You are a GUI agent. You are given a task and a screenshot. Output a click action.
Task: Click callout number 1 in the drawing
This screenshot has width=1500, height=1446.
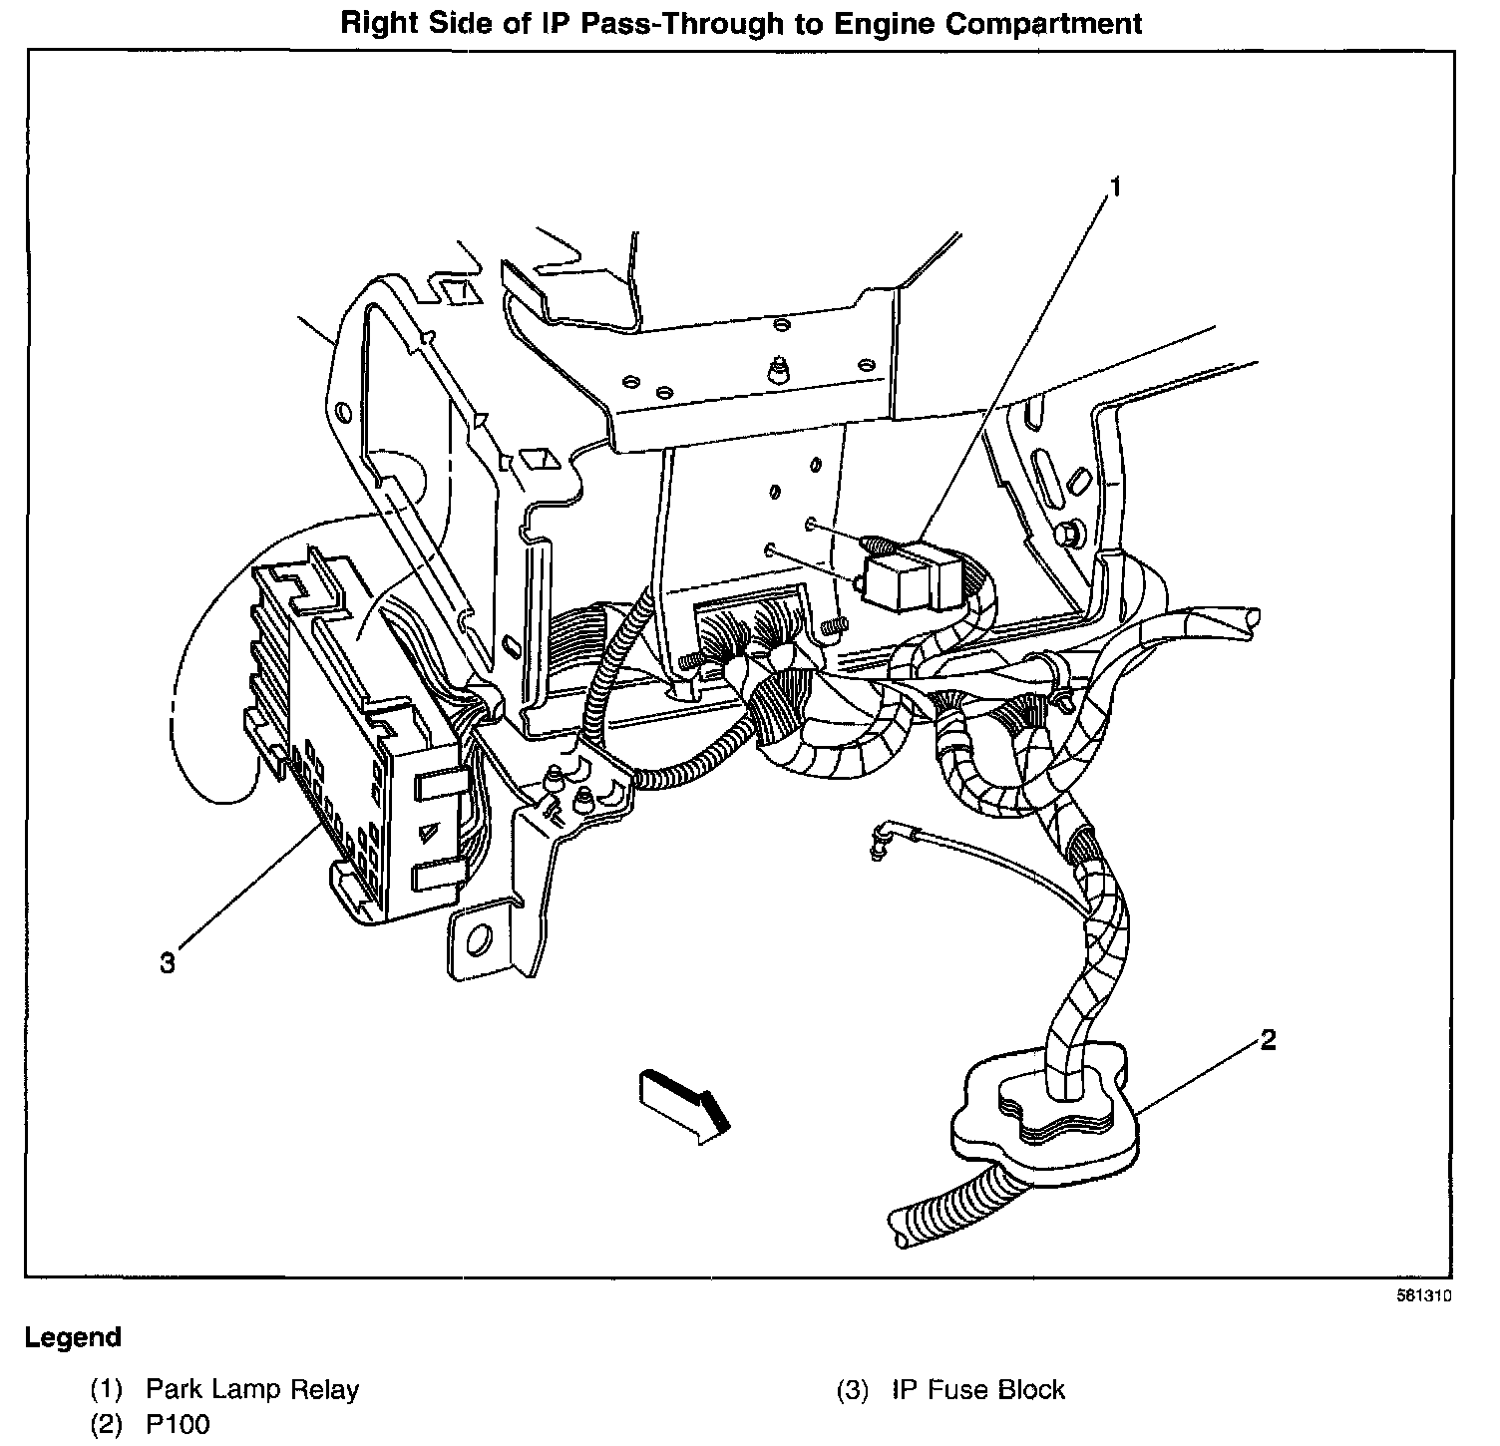pyautogui.click(x=1116, y=187)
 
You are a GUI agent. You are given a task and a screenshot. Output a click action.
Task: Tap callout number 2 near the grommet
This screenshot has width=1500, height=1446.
pyautogui.click(x=1268, y=1040)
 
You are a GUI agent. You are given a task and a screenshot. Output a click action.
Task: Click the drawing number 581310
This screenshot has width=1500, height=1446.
pyautogui.click(x=1422, y=1297)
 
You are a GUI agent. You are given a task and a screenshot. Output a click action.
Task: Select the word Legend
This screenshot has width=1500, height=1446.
pyautogui.click(x=73, y=1337)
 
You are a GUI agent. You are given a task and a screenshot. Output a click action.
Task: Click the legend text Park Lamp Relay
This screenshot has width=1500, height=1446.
pyautogui.click(x=252, y=1389)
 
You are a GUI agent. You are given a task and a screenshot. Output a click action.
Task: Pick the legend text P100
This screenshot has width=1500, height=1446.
pyautogui.click(x=179, y=1424)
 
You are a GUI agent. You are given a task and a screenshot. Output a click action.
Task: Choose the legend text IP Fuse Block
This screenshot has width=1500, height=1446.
pyautogui.click(x=978, y=1389)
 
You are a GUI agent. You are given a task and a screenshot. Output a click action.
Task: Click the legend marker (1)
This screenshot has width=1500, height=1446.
pyautogui.click(x=108, y=1389)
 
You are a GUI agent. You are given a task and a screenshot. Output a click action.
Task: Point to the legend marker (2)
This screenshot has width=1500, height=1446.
pyautogui.click(x=108, y=1424)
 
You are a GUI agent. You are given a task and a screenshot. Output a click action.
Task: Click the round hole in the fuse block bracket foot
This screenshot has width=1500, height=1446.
pyautogui.click(x=479, y=937)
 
